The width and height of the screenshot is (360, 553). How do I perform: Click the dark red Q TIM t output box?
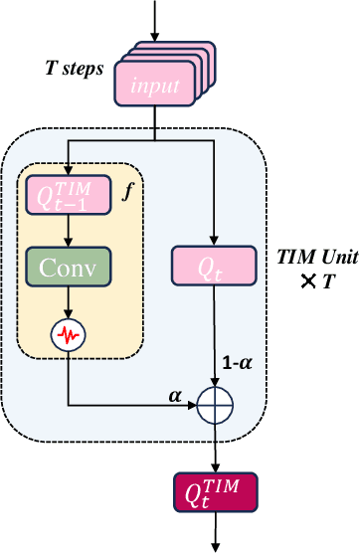pos(215,491)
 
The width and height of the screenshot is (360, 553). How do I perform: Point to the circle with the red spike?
pos(69,338)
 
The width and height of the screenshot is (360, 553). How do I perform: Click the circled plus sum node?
pos(215,405)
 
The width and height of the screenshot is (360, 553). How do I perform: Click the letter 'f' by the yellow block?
pos(125,187)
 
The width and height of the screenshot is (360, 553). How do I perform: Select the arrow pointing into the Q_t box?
pos(215,199)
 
